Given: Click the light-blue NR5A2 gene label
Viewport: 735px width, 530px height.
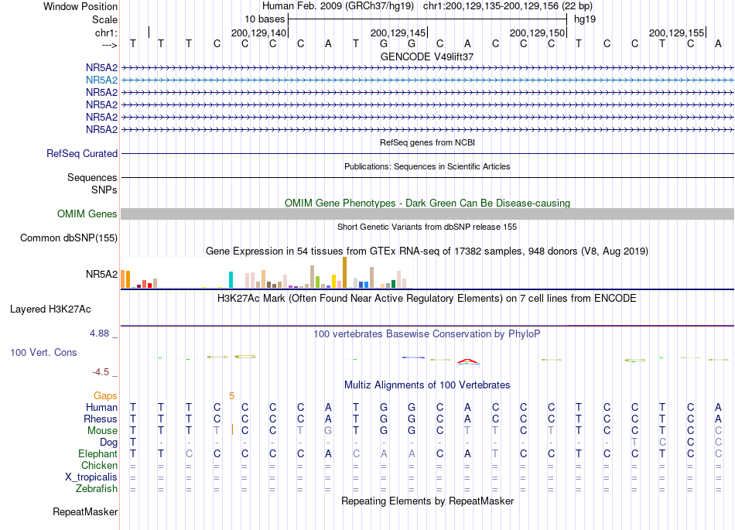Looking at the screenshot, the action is click(101, 80).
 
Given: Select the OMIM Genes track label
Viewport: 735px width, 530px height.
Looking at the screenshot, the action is click(87, 214).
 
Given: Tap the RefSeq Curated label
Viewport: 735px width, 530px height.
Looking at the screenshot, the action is click(82, 154).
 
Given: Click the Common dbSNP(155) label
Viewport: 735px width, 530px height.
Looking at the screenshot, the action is click(69, 238).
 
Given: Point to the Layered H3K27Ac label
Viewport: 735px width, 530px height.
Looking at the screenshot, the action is click(50, 309).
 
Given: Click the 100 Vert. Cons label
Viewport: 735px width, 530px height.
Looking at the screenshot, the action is click(43, 352).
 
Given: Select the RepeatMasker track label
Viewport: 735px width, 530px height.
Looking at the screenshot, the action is click(85, 511).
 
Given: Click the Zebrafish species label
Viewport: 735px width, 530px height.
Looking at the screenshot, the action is click(97, 489).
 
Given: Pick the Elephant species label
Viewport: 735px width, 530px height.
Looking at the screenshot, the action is click(98, 454).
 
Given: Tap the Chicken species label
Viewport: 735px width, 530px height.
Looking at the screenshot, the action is click(99, 465).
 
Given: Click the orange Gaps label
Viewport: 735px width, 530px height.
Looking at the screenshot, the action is click(105, 396).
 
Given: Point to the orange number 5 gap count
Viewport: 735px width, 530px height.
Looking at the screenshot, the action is click(231, 396).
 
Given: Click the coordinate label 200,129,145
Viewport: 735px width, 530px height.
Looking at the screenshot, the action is click(398, 32).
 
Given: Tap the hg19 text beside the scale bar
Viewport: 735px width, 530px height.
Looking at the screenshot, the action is click(585, 19).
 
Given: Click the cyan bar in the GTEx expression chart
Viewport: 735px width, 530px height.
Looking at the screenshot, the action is click(231, 280).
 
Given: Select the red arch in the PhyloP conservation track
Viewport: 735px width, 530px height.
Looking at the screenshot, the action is click(468, 361).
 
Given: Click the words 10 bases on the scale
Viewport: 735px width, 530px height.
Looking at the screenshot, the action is click(265, 19).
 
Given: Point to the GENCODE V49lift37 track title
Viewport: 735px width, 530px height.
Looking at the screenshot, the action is click(427, 56).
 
